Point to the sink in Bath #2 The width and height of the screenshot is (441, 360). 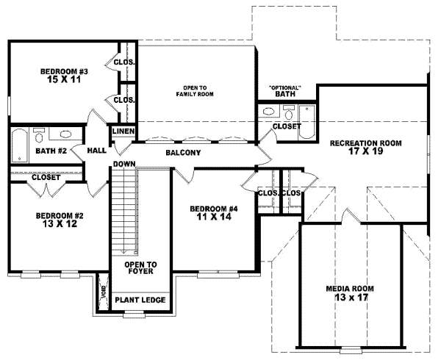[65, 135]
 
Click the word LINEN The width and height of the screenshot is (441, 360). [123, 132]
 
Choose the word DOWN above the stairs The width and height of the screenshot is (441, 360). [123, 164]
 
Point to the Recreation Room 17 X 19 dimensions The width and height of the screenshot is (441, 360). [364, 152]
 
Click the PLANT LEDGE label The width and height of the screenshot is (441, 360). [140, 300]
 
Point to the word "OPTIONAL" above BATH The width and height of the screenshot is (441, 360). [285, 85]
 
